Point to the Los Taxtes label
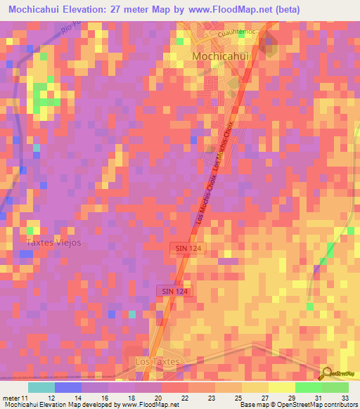click(x=156, y=361)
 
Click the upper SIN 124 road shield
click(x=186, y=249)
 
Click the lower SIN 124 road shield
click(x=172, y=290)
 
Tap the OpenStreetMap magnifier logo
click(x=326, y=373)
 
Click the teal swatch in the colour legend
click(x=41, y=388)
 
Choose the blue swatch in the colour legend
click(x=67, y=388)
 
